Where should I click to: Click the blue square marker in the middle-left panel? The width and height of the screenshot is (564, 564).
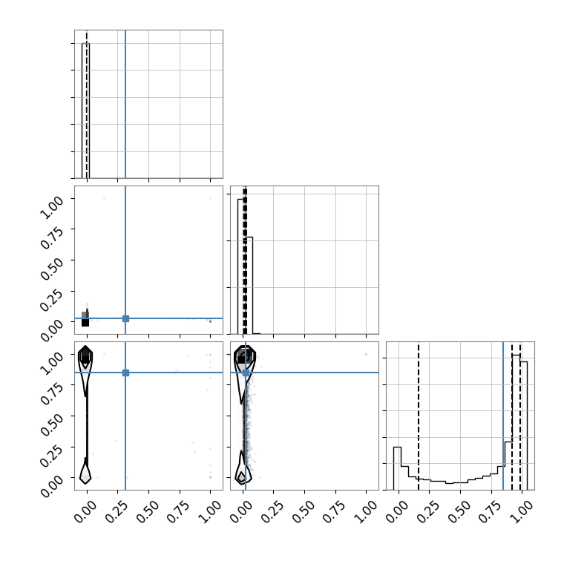(125, 318)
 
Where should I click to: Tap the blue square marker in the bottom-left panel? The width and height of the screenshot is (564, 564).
(125, 373)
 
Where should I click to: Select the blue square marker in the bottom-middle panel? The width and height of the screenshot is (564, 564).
(246, 373)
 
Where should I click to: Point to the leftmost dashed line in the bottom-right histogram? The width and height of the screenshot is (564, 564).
(419, 416)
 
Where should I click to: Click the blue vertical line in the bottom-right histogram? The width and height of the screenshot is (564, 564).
(503, 416)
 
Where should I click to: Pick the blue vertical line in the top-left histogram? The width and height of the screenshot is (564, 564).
(125, 104)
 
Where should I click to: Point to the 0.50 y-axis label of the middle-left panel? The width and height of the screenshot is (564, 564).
(52, 269)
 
